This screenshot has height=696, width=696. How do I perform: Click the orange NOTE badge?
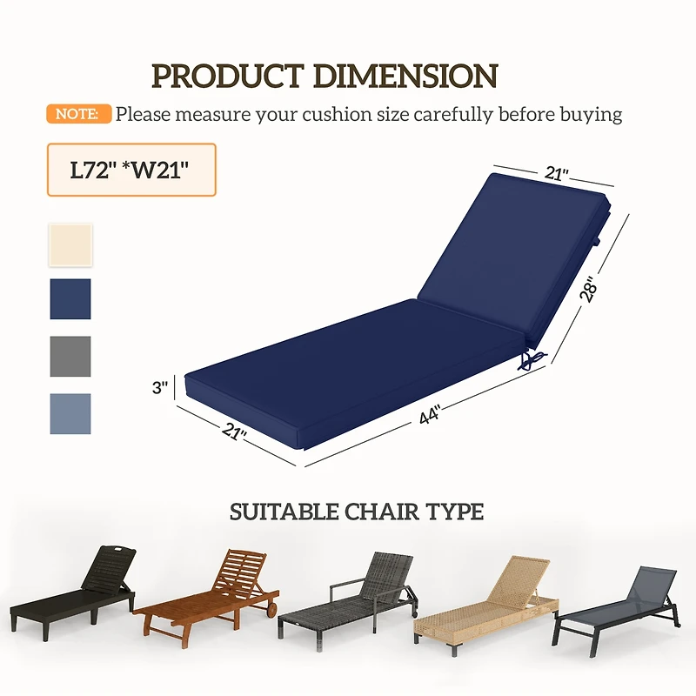78,114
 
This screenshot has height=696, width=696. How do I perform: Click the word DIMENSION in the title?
405,76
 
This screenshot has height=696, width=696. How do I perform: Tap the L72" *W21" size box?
130,170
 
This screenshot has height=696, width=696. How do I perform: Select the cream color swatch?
70,244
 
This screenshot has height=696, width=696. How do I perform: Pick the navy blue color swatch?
70,298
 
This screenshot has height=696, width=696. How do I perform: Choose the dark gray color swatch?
70,356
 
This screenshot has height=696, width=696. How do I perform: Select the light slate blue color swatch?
70,413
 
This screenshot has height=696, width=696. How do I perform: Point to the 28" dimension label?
590,289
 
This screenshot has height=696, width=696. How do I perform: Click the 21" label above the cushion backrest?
557,174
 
